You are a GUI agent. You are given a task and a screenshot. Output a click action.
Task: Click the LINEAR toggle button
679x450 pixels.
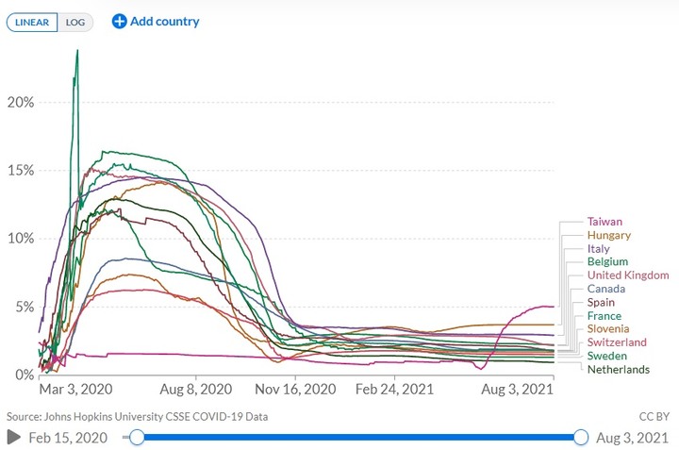[33, 22]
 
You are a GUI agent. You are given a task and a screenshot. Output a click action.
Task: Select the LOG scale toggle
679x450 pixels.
[75, 22]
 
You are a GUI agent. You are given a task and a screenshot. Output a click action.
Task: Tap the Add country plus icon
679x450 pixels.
[119, 21]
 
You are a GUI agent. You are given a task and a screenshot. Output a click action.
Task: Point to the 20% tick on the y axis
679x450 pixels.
[21, 102]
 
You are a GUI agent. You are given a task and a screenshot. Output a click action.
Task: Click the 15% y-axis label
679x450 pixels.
[21, 170]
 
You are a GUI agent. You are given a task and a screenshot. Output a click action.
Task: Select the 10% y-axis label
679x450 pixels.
[21, 238]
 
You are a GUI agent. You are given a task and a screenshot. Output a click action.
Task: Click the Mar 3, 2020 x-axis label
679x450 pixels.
[75, 389]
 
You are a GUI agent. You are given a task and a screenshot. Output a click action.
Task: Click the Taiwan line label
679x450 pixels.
[604, 222]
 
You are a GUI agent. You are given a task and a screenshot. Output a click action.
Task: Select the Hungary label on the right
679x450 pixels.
[608, 235]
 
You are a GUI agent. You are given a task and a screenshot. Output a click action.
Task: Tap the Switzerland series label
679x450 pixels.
[617, 342]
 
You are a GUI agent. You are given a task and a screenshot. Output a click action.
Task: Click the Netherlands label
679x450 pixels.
[618, 369]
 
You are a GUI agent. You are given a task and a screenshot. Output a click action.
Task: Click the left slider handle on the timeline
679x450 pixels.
[138, 437]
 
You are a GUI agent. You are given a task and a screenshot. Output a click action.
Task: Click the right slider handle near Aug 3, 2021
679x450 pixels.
[581, 437]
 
